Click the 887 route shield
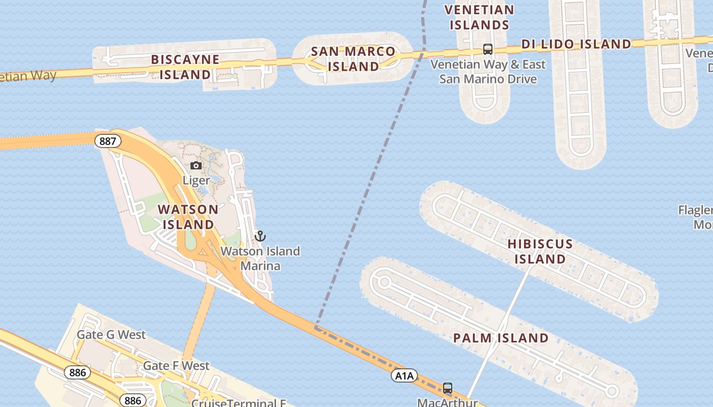tap(107, 141)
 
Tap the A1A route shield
tap(404, 376)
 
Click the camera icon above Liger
tap(196, 165)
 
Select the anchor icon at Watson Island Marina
tap(260, 236)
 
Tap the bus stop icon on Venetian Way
tap(487, 49)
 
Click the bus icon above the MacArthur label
tap(447, 388)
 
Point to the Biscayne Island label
tap(185, 67)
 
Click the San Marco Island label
tap(353, 59)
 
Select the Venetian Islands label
tap(479, 17)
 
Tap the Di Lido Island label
tap(576, 44)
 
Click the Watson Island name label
tap(188, 217)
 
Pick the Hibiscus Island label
tap(540, 251)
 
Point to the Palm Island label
tap(501, 338)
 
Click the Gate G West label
tap(111, 335)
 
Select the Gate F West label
tap(176, 366)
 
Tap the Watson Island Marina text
tap(260, 258)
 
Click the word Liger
tap(196, 180)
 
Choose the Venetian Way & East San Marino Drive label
tap(487, 72)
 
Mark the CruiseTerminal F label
tap(238, 403)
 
